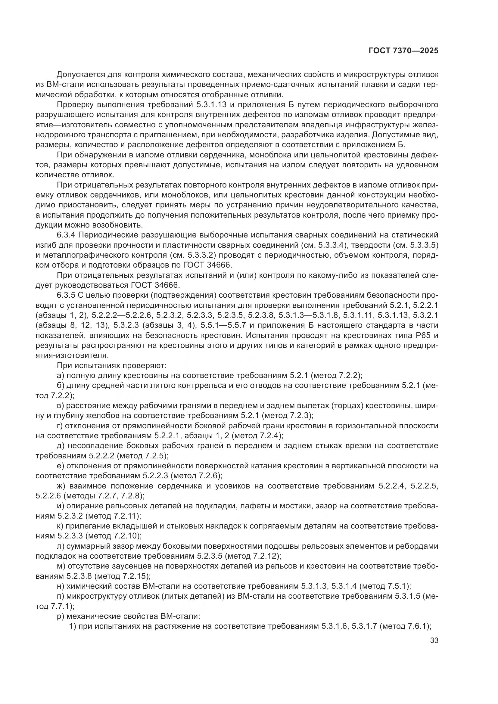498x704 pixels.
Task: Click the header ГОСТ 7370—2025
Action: point(403,51)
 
